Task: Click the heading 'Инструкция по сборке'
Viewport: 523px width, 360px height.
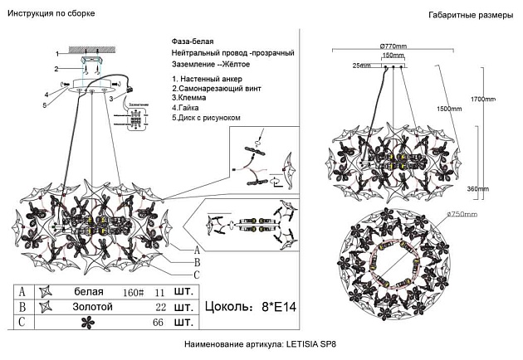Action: coord(50,14)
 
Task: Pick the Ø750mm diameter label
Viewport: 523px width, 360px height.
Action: coord(462,214)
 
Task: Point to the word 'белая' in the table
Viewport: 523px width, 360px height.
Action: coord(89,292)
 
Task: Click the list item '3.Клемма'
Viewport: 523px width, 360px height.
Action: coord(190,97)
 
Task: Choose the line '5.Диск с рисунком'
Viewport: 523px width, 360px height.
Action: coord(206,118)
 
